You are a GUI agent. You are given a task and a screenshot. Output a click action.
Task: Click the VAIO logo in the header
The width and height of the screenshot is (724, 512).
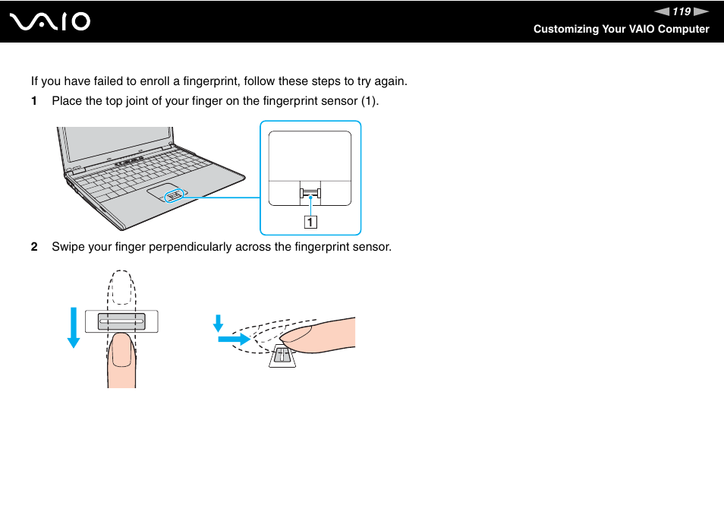pos(50,21)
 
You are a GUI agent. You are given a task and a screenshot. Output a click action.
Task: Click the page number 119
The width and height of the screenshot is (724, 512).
pos(681,11)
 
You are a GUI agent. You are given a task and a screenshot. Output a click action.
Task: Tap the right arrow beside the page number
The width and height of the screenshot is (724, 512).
pos(702,11)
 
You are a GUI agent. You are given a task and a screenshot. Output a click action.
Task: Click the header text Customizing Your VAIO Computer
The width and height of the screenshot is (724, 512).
pos(621,29)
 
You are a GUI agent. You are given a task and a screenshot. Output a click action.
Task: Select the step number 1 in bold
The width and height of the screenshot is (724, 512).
pos(33,100)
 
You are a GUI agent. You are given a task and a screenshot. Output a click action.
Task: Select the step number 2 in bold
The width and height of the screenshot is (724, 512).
pos(33,247)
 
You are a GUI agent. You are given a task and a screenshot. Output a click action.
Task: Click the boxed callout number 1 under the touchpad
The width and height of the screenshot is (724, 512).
pos(310,222)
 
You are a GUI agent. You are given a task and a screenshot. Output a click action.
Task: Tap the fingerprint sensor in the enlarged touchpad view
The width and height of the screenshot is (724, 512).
pos(310,194)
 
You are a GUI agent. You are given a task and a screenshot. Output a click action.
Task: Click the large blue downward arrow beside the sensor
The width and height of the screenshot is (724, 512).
pos(73,326)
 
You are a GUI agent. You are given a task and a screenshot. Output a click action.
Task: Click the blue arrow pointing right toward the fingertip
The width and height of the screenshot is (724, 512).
pos(234,339)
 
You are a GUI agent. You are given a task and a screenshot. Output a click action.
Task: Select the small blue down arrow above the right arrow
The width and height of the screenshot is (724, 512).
pos(219,324)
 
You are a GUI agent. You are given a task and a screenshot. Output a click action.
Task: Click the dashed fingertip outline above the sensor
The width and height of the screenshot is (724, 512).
pos(121,289)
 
